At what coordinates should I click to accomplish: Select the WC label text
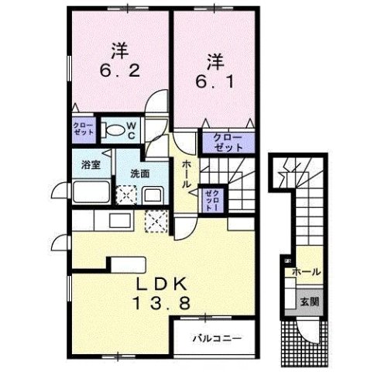[132, 129]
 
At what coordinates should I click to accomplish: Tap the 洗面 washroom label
[139, 173]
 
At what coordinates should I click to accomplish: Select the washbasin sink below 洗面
[153, 194]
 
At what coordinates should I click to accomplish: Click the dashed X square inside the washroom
[123, 194]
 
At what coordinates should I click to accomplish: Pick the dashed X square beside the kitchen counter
[157, 222]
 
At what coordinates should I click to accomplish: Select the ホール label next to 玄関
[307, 272]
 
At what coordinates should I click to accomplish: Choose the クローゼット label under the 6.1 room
[223, 142]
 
